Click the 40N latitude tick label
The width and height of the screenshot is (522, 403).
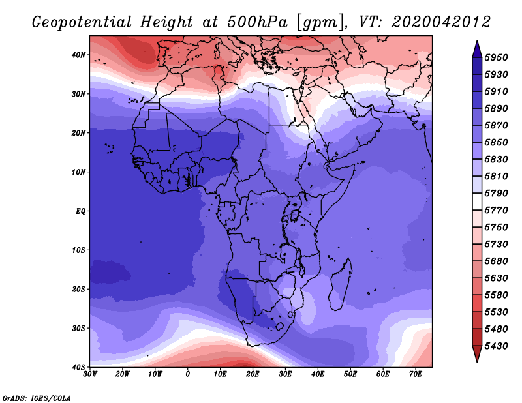[78, 55]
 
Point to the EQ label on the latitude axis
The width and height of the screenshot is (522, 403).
[80, 211]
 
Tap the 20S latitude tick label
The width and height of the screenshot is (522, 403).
[78, 289]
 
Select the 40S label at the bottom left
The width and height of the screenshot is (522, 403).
[78, 367]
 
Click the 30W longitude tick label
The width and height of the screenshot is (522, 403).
[90, 374]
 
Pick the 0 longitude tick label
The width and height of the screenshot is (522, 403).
[188, 374]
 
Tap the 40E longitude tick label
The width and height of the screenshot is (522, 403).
[318, 374]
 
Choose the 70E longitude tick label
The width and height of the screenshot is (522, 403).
[416, 374]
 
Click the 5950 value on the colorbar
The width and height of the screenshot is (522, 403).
[496, 57]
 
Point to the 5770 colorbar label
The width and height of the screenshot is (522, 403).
[496, 211]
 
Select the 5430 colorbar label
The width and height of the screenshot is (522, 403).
[496, 346]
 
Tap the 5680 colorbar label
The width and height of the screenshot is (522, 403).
[496, 261]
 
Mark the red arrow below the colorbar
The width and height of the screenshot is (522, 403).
[477, 353]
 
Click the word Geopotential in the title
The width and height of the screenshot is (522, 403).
[82, 23]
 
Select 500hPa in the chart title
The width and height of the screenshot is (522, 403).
[257, 22]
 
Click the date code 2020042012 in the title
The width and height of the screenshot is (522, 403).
[441, 22]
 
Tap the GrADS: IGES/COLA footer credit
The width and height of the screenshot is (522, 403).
[37, 398]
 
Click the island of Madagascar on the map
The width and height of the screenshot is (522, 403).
[340, 284]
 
